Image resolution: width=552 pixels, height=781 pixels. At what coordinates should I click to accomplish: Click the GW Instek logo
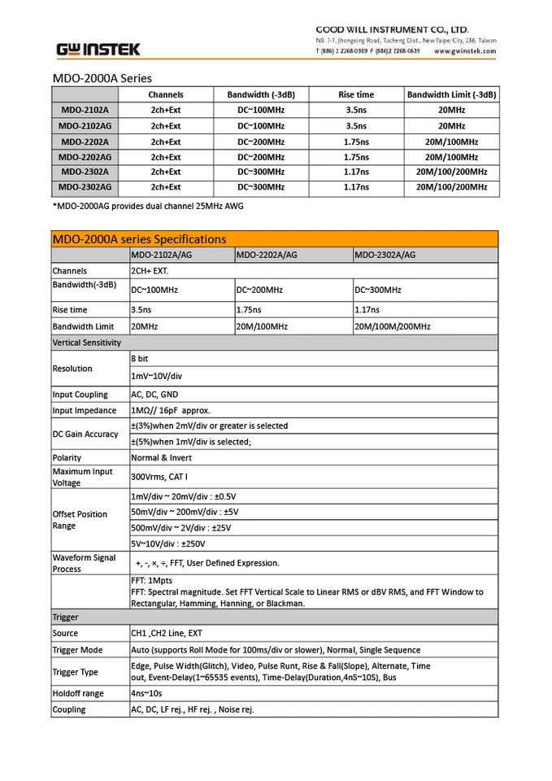98,50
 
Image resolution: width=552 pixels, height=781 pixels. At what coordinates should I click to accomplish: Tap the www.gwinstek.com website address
465,50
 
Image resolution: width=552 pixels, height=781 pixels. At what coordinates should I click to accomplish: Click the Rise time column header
355,94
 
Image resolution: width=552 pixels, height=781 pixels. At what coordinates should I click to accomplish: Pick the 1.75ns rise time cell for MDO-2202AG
355,157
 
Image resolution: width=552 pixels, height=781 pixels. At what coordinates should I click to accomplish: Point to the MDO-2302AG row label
85,187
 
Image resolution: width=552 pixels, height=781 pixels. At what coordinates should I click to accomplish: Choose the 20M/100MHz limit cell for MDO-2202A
451,142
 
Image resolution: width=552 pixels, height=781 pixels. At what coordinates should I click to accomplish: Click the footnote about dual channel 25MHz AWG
148,207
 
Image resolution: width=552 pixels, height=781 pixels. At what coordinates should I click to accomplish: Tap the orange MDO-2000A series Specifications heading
139,239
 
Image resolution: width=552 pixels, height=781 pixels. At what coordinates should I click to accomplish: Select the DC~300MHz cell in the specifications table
378,290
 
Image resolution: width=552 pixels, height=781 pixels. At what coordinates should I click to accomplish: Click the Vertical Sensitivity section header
87,343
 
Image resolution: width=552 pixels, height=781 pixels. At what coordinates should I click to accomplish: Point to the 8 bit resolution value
140,358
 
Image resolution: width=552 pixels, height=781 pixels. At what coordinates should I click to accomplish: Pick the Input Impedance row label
85,411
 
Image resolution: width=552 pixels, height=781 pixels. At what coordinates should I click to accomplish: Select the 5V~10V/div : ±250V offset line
168,543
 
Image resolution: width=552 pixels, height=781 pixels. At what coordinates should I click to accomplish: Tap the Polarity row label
67,458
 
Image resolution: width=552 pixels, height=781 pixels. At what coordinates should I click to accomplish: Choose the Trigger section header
66,617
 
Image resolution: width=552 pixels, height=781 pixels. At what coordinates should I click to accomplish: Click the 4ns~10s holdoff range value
146,694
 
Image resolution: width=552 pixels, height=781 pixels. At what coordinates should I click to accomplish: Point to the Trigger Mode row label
77,650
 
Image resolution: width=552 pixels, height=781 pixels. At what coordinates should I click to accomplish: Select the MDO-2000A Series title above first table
102,79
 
